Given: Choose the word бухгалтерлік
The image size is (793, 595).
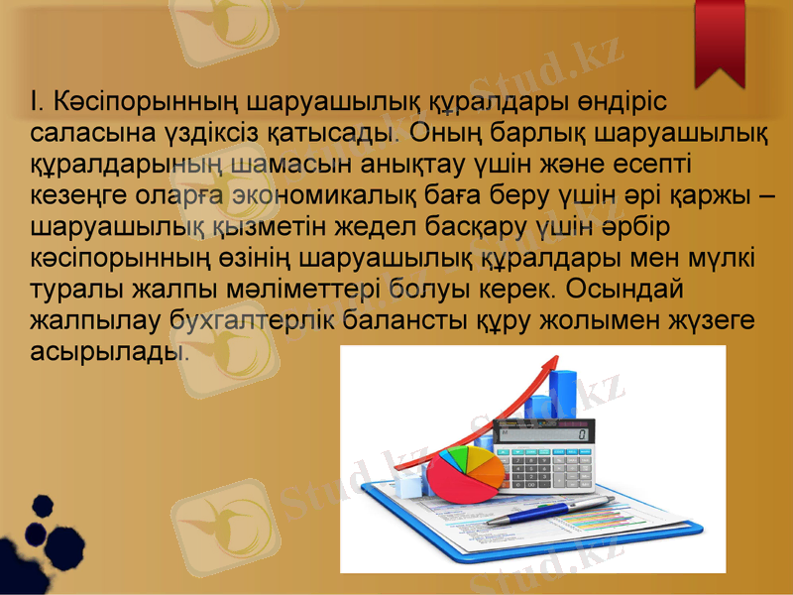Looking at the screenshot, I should click(x=239, y=320).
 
